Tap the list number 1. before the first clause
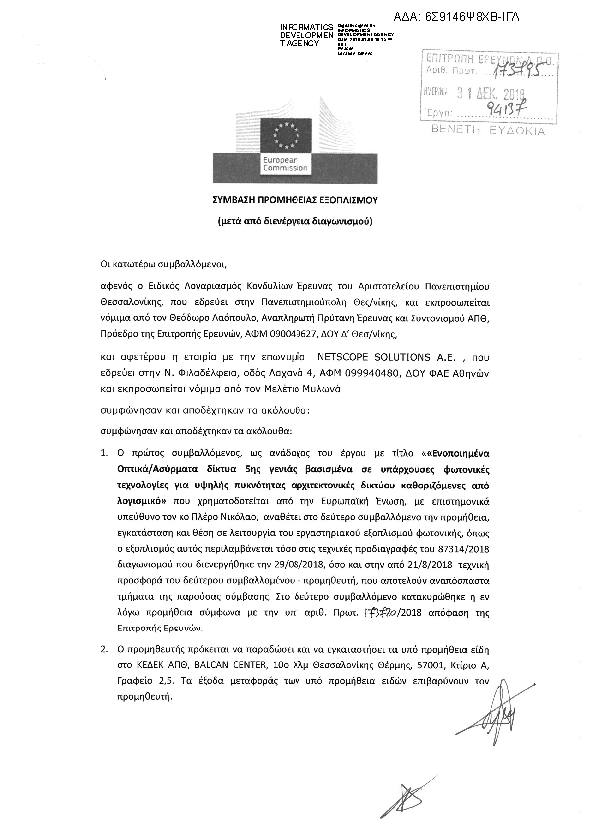(107, 453)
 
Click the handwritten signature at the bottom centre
(406, 798)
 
